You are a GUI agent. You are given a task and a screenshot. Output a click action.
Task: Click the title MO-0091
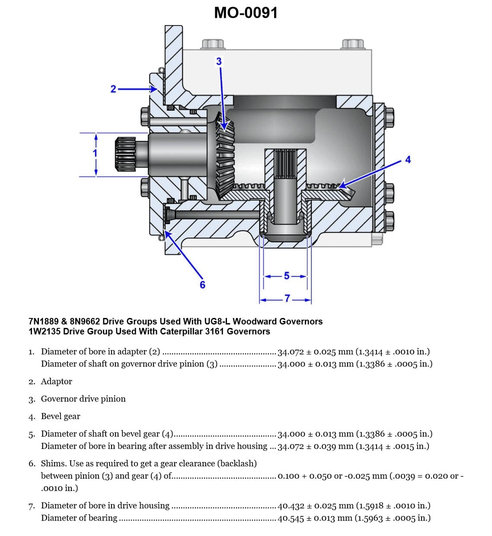tap(246, 13)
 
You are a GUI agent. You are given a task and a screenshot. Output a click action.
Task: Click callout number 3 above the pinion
tap(219, 61)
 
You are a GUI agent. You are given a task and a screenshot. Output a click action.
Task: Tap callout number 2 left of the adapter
tap(113, 89)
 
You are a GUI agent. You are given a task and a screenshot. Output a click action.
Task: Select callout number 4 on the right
tap(408, 160)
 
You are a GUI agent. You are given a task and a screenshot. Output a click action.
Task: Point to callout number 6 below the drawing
tap(202, 285)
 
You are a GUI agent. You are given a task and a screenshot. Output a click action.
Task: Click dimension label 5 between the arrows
tap(286, 276)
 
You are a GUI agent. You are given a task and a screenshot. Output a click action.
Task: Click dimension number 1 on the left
tap(96, 153)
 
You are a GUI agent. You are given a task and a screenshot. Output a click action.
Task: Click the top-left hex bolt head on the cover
tap(213, 44)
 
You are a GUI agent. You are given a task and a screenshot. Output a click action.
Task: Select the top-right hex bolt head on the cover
tap(353, 44)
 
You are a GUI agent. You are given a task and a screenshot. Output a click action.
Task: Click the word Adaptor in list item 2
tap(56, 382)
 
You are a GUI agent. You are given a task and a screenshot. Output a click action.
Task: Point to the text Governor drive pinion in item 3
tap(83, 399)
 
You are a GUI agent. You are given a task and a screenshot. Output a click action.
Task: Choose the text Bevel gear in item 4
tap(61, 417)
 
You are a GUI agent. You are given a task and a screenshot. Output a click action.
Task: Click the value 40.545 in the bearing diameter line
tap(291, 518)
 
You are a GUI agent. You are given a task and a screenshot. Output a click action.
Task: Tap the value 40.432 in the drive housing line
tap(291, 506)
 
